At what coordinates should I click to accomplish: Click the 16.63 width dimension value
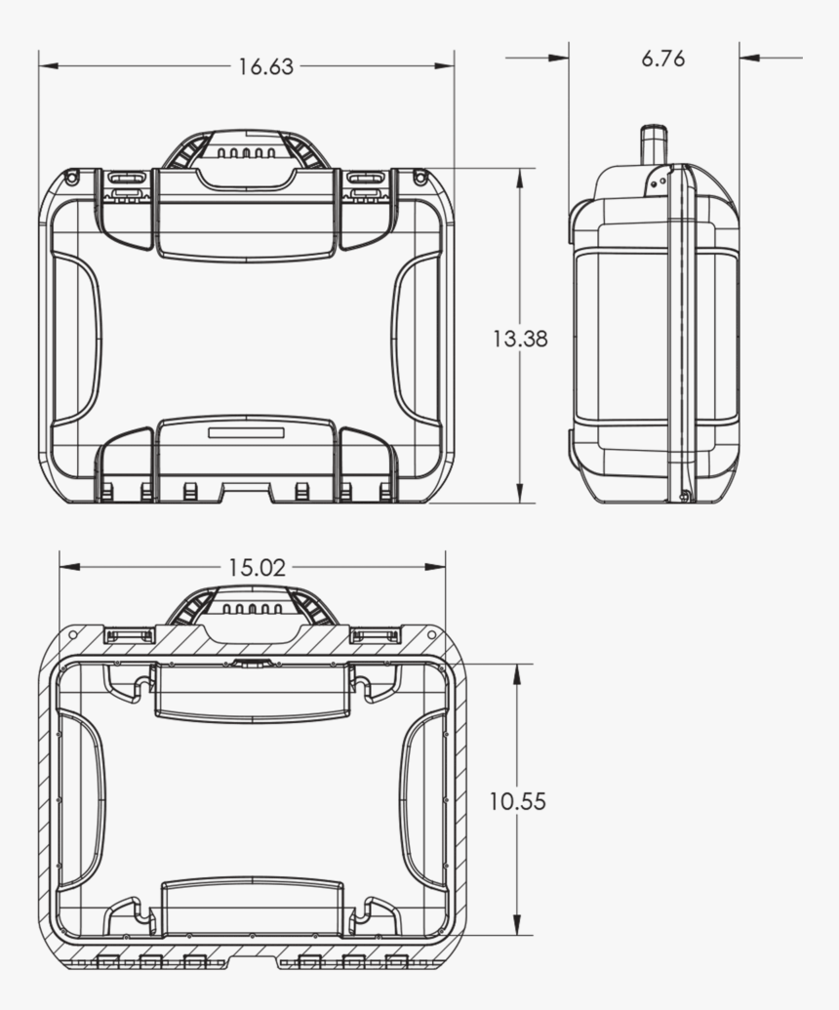click(265, 66)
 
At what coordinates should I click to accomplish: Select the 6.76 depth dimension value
click(662, 59)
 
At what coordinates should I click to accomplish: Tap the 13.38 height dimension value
click(519, 339)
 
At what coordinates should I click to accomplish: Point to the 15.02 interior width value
click(258, 568)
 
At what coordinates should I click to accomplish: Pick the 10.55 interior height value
click(517, 801)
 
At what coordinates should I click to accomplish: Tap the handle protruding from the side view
click(651, 145)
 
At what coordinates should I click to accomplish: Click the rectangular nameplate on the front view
click(245, 431)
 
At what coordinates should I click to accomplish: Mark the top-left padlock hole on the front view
click(71, 178)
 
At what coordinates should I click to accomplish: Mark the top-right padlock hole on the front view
click(419, 178)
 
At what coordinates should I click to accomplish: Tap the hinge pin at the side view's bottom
click(685, 497)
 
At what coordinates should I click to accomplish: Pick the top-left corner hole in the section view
click(73, 633)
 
